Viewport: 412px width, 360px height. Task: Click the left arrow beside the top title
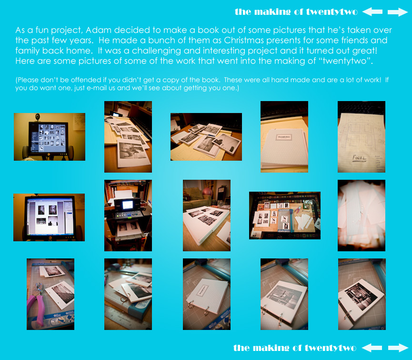[x=372, y=12]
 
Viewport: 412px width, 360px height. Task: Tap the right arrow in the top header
[x=398, y=12]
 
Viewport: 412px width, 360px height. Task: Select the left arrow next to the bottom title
[x=372, y=348]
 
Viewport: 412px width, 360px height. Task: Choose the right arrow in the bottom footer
[x=398, y=348]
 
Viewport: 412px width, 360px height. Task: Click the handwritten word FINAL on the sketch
[x=359, y=158]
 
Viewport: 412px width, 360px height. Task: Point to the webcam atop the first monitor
[x=38, y=117]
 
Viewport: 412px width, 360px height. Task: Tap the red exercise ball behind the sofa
[x=207, y=192]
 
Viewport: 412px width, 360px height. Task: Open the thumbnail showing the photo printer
[x=128, y=216]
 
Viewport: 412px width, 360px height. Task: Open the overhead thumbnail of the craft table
[x=284, y=216]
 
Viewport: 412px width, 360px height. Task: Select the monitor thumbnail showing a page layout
[x=49, y=217]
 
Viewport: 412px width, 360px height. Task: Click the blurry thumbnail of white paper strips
[x=362, y=216]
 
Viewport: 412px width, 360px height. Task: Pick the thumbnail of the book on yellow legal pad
[x=284, y=137]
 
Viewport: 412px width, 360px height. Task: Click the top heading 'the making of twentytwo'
[x=296, y=12]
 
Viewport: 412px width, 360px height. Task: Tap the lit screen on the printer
[x=128, y=205]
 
